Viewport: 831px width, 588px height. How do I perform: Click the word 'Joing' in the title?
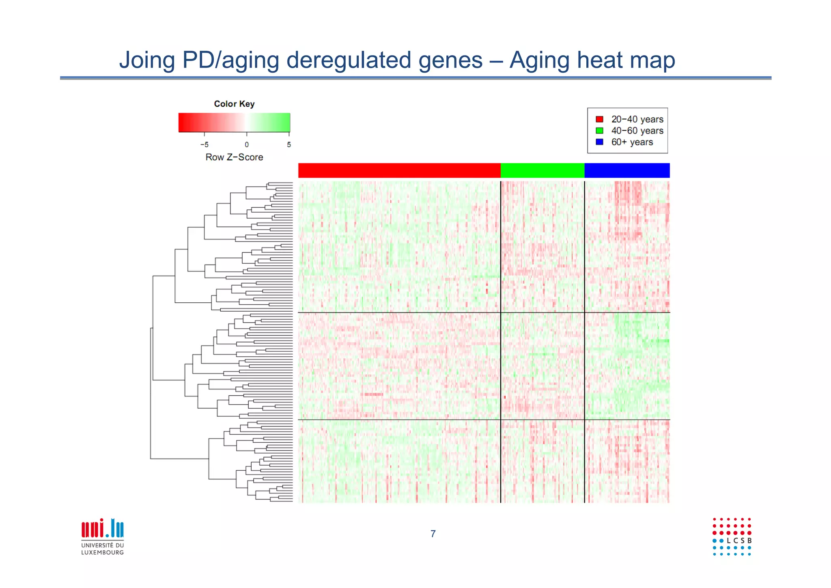[x=146, y=60]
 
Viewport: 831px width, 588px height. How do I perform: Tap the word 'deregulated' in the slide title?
[x=352, y=60]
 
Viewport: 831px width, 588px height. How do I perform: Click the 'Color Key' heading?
[x=234, y=104]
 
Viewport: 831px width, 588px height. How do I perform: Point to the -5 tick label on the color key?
[x=204, y=145]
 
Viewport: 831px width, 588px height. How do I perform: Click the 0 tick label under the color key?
[x=247, y=145]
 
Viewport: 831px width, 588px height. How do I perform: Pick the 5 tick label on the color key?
[x=289, y=145]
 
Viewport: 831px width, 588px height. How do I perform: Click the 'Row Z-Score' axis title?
[x=234, y=157]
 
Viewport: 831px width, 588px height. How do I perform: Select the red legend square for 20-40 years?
[x=599, y=119]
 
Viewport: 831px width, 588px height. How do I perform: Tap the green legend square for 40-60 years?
[x=599, y=131]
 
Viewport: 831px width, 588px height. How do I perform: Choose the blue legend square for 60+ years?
[x=599, y=142]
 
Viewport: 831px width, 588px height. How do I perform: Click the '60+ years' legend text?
[x=632, y=142]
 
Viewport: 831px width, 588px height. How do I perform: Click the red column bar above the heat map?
[x=399, y=170]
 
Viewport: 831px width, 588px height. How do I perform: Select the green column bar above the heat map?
[x=543, y=170]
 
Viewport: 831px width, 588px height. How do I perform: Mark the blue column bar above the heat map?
[x=627, y=170]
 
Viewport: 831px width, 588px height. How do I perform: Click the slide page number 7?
[x=433, y=534]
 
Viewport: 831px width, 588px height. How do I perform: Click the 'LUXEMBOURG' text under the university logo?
[x=103, y=552]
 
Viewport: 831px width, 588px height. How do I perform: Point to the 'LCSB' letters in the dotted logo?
[x=739, y=541]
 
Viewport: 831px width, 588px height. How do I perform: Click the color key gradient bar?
[x=234, y=123]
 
